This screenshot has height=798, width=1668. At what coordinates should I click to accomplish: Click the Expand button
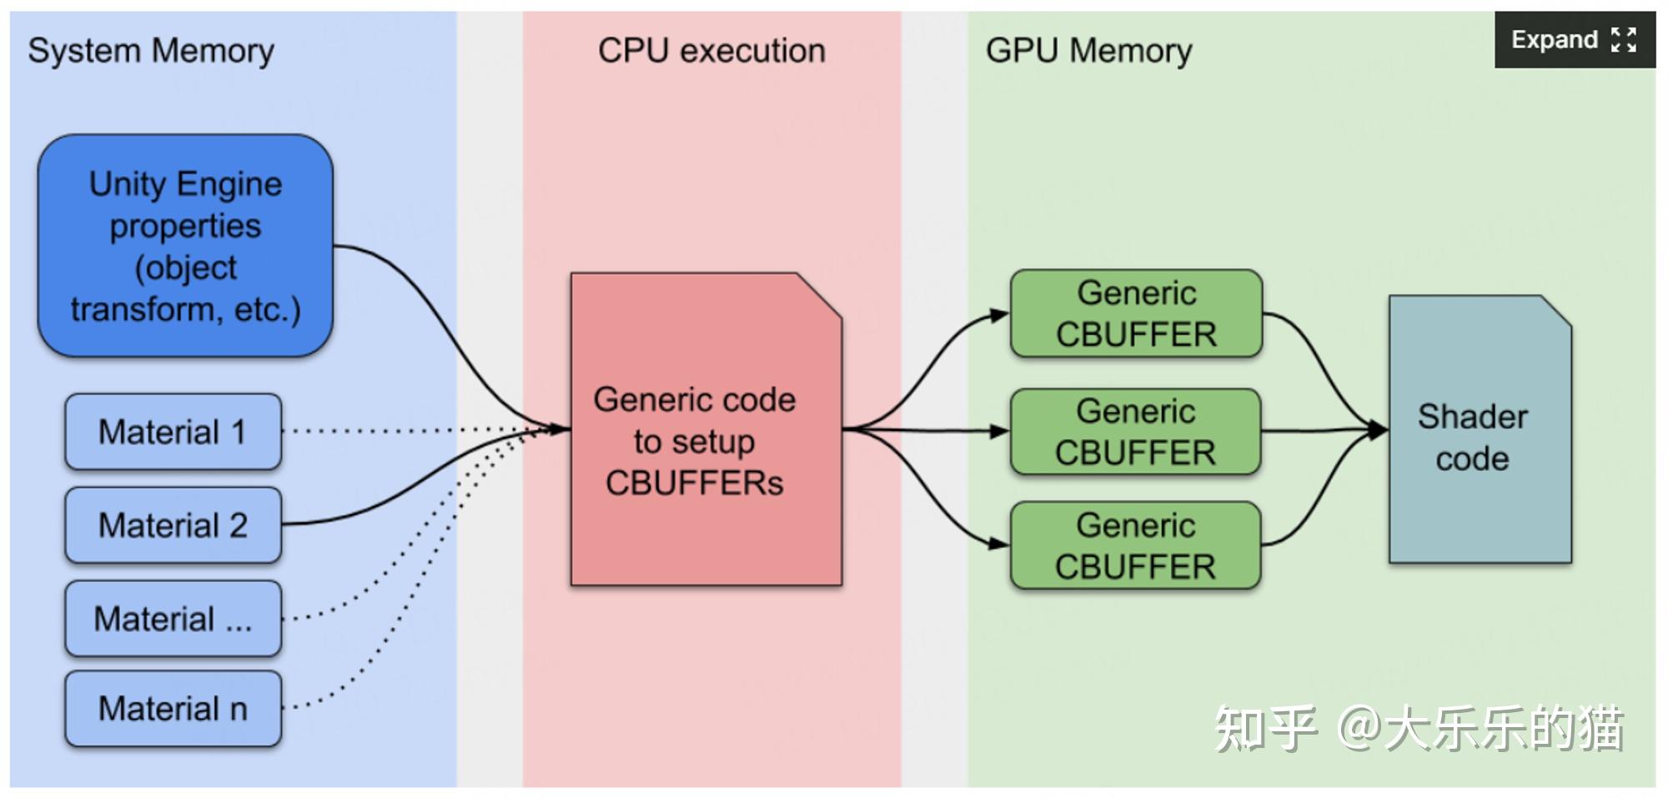tap(1575, 39)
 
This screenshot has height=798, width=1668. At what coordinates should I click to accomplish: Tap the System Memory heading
tap(151, 52)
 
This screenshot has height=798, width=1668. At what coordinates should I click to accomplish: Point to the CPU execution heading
tap(711, 51)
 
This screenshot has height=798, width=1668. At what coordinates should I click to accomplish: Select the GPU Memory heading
tap(1088, 51)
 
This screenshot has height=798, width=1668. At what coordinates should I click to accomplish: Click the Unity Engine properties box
tap(185, 246)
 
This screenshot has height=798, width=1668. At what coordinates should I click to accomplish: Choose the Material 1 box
tap(173, 432)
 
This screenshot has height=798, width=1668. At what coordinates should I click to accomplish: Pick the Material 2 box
tap(173, 525)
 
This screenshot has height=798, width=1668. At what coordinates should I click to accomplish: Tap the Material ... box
tap(173, 619)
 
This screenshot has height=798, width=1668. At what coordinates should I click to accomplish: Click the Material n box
tap(173, 709)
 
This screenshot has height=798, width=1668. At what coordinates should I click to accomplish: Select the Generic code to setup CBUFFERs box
tap(706, 429)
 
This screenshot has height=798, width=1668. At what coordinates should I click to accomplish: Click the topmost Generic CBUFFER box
tap(1136, 314)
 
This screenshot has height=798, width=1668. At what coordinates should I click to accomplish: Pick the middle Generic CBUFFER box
tap(1136, 432)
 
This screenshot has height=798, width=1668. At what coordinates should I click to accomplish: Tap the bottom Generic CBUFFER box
tap(1136, 545)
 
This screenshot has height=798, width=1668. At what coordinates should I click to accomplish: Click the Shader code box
tap(1480, 429)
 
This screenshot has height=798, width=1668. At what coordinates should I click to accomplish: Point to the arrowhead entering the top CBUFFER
tap(999, 316)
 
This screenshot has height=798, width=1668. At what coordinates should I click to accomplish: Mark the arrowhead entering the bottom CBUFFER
tap(999, 544)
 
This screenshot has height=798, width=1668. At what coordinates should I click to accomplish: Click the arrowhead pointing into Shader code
tap(1378, 430)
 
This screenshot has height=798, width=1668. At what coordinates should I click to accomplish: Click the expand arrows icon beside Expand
tap(1624, 39)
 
